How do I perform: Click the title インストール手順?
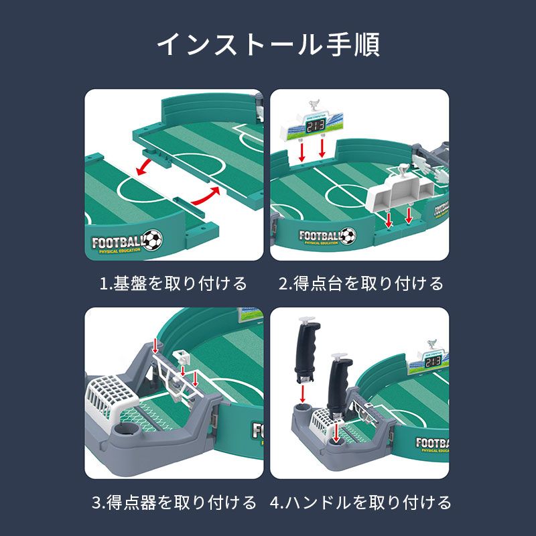(269, 44)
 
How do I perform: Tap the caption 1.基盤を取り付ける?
(174, 283)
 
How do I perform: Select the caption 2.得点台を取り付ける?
(361, 283)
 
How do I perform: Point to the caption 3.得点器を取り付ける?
(174, 502)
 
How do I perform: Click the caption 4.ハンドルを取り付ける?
(360, 502)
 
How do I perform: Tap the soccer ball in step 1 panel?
(153, 240)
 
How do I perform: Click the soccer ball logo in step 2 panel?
(348, 236)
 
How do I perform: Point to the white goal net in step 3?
(109, 396)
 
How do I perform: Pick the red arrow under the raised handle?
(302, 394)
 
